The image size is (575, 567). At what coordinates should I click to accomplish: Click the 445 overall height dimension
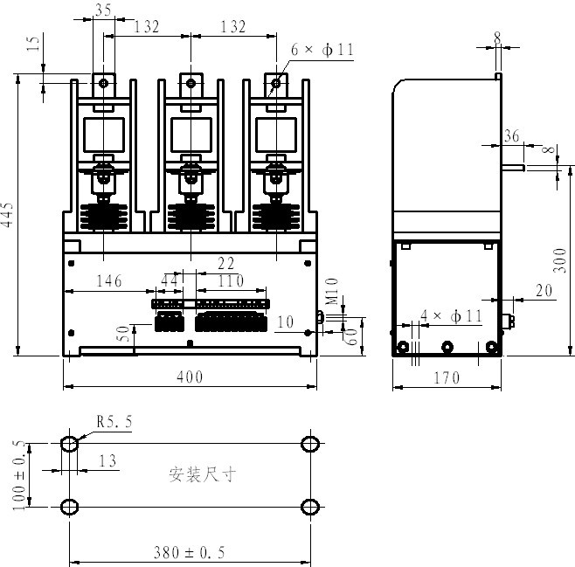pos(8,214)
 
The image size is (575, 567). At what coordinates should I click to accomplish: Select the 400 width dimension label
pos(190,377)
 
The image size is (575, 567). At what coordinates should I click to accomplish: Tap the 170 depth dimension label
pos(447,378)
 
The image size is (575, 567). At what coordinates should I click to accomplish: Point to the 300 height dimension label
pos(560,260)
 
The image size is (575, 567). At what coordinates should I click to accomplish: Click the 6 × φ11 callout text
pos(322,50)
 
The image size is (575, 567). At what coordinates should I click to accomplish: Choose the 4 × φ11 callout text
pos(451,316)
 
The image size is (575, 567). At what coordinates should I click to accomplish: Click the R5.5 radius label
pos(114,421)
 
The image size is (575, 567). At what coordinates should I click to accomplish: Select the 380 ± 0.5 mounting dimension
pos(190,552)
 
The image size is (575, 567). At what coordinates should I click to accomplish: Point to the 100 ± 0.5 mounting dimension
pos(19,475)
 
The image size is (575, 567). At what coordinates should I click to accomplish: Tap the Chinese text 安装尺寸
pos(202,474)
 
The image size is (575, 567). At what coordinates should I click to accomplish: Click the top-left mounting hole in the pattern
pos(69,444)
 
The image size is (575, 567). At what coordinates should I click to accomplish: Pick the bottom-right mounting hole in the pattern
pos(310,508)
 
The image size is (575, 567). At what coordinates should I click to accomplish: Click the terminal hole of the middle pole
pos(191,83)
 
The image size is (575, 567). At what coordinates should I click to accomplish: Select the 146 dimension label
pos(109,281)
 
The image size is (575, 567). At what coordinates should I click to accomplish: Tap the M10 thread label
pos(332,292)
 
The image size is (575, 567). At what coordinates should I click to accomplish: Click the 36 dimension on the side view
pos(511,136)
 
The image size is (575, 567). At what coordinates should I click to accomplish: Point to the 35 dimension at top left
pos(103,10)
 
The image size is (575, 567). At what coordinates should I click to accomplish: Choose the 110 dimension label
pos(231,281)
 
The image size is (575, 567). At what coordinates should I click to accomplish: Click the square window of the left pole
pos(104,135)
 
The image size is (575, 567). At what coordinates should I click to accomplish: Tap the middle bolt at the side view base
pos(447,347)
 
